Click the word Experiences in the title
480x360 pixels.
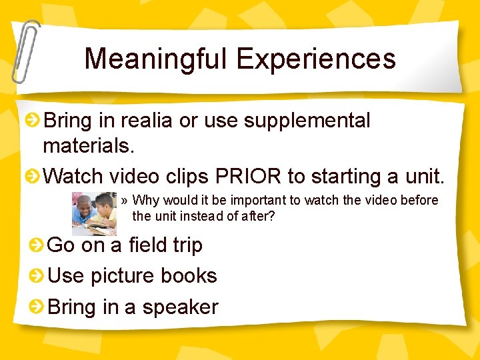tap(316, 59)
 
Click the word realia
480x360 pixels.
tap(143, 121)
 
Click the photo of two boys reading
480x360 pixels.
tap(94, 213)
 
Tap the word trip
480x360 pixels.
tap(187, 245)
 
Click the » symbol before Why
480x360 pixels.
tap(125, 201)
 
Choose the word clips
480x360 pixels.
tap(184, 177)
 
